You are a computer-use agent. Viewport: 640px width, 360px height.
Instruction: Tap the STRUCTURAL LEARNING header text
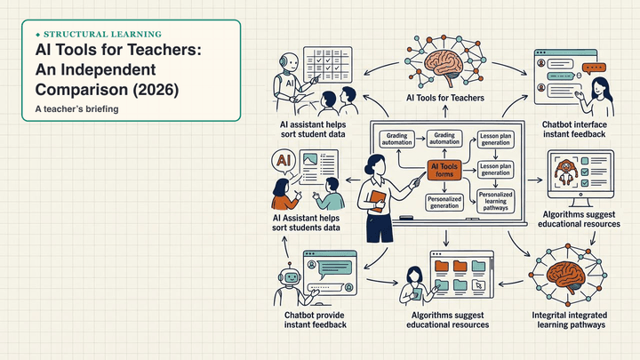pyautogui.click(x=102, y=35)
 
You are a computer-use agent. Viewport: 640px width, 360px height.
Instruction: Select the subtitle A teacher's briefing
pyautogui.click(x=76, y=109)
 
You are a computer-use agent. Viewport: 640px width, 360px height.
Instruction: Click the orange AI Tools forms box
pyautogui.click(x=444, y=170)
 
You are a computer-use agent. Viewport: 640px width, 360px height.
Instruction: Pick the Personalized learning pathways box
pyautogui.click(x=495, y=201)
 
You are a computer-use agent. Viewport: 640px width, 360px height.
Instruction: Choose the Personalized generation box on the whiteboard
pyautogui.click(x=444, y=203)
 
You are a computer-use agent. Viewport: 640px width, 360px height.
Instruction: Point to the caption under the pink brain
pyautogui.click(x=445, y=98)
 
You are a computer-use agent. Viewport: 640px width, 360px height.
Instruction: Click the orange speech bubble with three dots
pyautogui.click(x=594, y=68)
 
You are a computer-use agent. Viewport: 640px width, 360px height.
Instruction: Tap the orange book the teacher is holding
pyautogui.click(x=377, y=201)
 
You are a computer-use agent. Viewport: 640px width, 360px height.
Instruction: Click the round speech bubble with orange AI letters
pyautogui.click(x=284, y=161)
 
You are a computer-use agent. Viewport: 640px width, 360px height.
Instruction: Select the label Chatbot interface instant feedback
pyautogui.click(x=574, y=130)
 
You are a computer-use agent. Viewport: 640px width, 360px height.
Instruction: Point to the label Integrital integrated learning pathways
pyautogui.click(x=570, y=320)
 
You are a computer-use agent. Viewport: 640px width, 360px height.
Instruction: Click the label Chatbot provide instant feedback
pyautogui.click(x=315, y=320)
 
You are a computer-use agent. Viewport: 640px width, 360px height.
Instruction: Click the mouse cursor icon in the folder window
pyautogui.click(x=478, y=285)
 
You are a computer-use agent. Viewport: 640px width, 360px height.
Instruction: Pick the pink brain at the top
pyautogui.click(x=445, y=64)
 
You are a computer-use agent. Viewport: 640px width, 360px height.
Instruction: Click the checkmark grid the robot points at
pyautogui.click(x=327, y=65)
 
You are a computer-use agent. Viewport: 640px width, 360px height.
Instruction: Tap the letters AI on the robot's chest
pyautogui.click(x=290, y=84)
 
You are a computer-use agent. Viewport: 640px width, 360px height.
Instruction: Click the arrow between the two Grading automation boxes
pyautogui.click(x=420, y=139)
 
